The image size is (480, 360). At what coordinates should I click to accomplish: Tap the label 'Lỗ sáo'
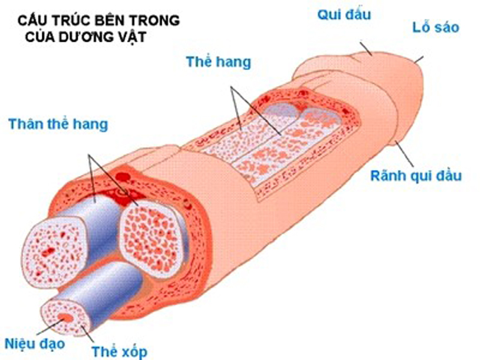[436, 27]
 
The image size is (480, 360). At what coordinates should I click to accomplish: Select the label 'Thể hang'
[219, 62]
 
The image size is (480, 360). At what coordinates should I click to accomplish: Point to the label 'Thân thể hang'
[58, 124]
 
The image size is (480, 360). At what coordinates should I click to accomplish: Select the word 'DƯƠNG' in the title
[82, 36]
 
